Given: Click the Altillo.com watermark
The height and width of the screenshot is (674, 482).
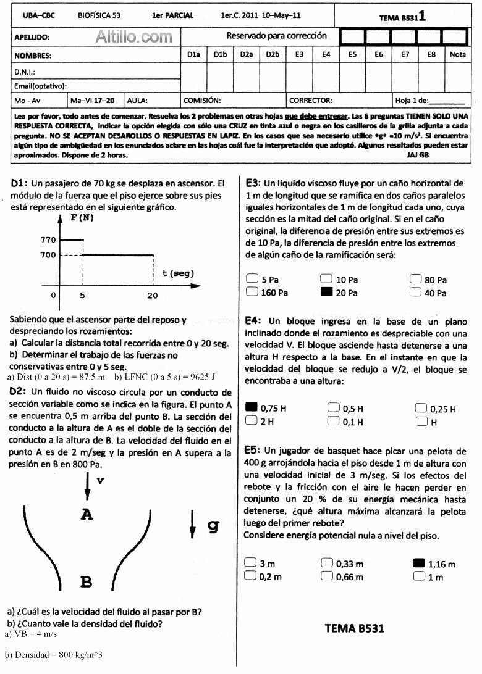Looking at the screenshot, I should point(134,37).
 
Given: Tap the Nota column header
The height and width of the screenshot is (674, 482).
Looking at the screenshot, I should point(458,55).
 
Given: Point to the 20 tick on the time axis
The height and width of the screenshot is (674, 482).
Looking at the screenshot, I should point(152,296).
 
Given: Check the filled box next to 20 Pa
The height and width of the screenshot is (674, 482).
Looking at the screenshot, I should point(326,292).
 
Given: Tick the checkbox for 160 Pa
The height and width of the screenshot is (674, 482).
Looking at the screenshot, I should point(252,292).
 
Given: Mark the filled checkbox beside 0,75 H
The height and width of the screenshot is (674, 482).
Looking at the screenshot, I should point(252,407).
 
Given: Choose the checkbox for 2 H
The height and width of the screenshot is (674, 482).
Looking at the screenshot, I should point(252,421).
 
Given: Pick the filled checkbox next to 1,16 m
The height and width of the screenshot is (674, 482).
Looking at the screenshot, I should point(419,563).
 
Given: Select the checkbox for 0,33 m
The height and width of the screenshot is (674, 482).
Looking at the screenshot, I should point(327,563).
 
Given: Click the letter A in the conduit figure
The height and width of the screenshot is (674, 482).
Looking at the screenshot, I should point(87,514).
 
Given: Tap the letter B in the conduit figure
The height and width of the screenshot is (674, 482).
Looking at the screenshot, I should point(87,581).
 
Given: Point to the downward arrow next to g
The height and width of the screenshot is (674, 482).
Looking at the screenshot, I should point(192,526).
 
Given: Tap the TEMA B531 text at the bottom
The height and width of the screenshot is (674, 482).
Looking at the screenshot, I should point(354,628).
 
